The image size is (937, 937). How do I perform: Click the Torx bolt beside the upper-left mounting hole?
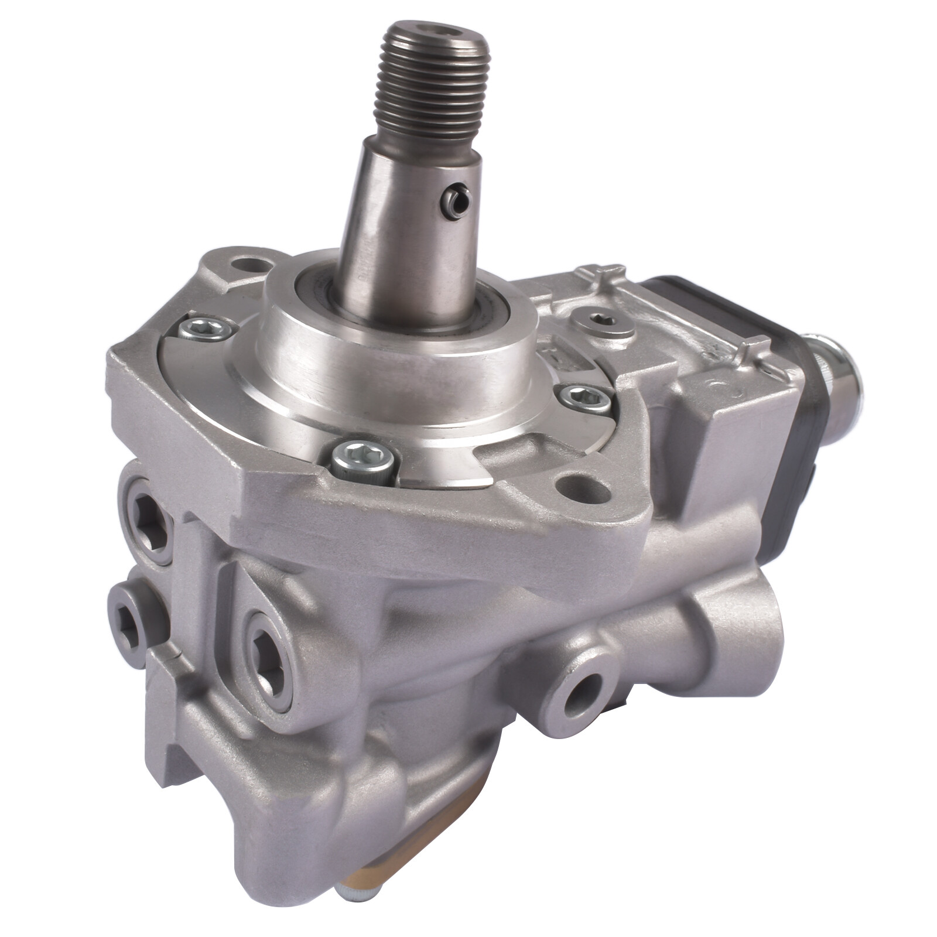(205, 329)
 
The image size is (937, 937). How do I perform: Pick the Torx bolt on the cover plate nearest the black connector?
(584, 400)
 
